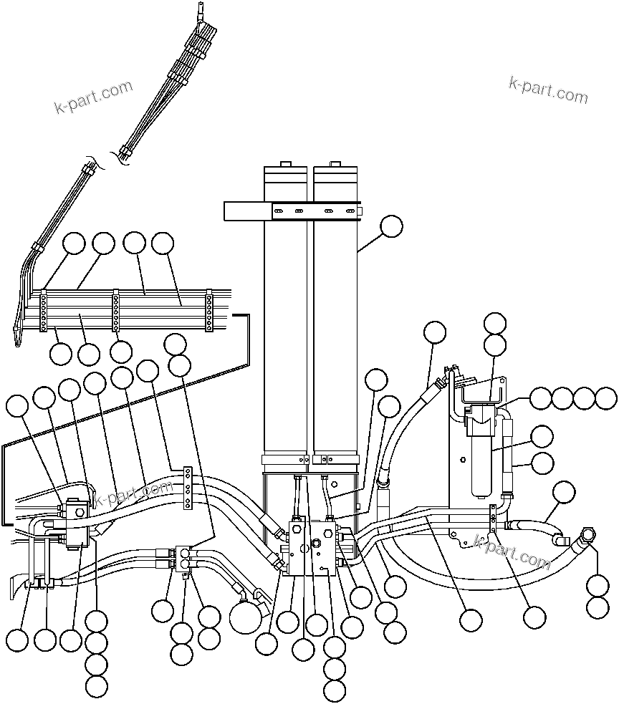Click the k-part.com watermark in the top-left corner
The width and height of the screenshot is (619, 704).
(x=94, y=98)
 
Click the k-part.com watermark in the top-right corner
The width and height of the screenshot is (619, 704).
(x=548, y=90)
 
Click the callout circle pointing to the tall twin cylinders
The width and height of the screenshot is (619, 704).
(x=390, y=226)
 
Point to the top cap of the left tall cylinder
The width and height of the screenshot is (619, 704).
(x=285, y=173)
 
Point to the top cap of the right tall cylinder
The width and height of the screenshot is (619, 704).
(x=335, y=173)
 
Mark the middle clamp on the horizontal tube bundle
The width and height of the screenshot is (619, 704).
(x=115, y=310)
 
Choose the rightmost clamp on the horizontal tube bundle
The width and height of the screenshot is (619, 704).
(x=209, y=311)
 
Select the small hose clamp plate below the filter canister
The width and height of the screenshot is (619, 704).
(x=494, y=519)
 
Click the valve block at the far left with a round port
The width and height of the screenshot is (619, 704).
(x=75, y=510)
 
